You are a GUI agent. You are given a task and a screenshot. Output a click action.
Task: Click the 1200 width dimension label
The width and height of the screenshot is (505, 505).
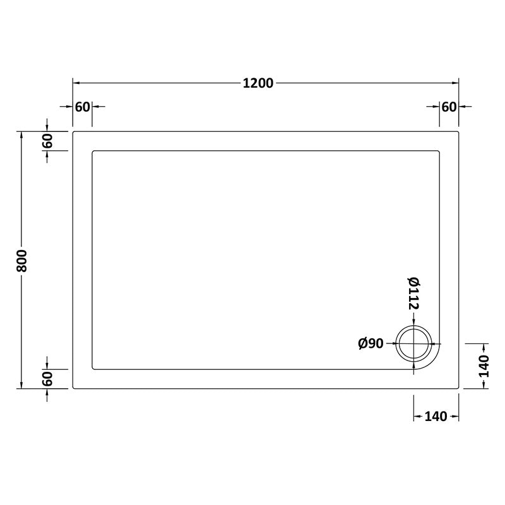pyautogui.click(x=257, y=83)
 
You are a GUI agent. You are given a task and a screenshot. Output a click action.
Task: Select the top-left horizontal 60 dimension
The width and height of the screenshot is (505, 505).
pyautogui.click(x=83, y=107)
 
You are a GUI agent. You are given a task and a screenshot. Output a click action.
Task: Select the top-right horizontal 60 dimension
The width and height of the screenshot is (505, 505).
pyautogui.click(x=449, y=107)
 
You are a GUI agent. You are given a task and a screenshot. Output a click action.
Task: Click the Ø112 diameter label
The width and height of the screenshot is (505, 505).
pyautogui.click(x=413, y=293)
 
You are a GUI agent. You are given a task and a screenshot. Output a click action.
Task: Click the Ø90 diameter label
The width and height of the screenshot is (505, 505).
pyautogui.click(x=371, y=344)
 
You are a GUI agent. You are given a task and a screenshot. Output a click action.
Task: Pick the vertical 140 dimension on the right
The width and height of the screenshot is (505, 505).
pyautogui.click(x=484, y=366)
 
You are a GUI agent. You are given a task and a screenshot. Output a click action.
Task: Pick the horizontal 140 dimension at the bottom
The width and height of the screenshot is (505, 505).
pyautogui.click(x=436, y=416)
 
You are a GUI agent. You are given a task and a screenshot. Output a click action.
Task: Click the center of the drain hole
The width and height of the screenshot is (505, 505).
pyautogui.click(x=413, y=344)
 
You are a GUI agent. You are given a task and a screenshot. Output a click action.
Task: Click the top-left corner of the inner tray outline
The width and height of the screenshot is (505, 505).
pyautogui.click(x=94, y=151)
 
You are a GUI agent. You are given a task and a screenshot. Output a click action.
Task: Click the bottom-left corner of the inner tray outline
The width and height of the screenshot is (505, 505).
pyautogui.click(x=94, y=369)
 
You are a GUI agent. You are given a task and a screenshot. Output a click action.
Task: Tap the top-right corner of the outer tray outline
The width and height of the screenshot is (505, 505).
pyautogui.click(x=458, y=132)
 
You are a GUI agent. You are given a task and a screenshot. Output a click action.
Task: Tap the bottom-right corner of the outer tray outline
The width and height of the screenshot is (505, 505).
pyautogui.click(x=458, y=388)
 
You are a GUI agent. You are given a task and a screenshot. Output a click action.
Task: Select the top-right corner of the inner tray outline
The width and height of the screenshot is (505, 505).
pyautogui.click(x=438, y=151)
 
